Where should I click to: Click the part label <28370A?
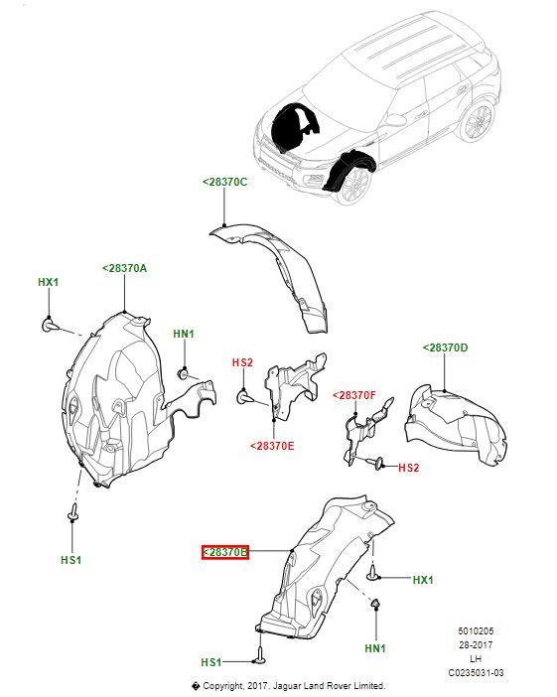click(124, 268)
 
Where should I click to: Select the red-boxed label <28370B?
click(225, 552)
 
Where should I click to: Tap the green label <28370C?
click(225, 182)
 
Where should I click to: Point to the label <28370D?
click(445, 348)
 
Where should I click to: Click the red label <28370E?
click(272, 446)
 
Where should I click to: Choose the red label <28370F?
click(354, 395)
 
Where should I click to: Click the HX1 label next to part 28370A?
click(48, 282)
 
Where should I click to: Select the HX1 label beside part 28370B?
click(423, 580)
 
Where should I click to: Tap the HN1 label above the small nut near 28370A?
click(184, 334)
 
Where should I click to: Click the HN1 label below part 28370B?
click(375, 648)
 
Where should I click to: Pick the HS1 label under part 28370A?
click(71, 560)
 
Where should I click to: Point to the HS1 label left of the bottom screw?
click(211, 662)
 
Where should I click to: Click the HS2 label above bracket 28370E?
click(242, 362)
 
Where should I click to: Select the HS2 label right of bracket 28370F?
click(408, 468)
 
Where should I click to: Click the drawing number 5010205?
click(476, 631)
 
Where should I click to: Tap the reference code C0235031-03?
click(476, 673)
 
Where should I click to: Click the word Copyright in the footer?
click(223, 686)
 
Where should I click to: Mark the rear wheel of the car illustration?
click(478, 121)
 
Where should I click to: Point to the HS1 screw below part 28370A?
click(72, 512)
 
